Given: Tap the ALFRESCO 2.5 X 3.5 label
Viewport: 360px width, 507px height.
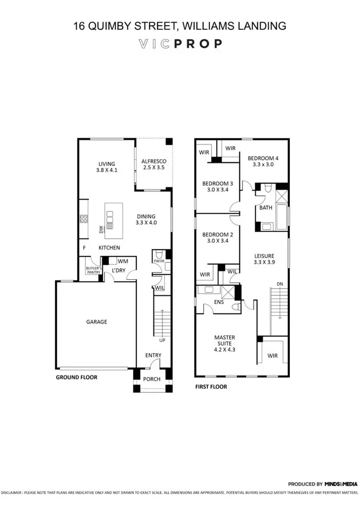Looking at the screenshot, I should [153, 165].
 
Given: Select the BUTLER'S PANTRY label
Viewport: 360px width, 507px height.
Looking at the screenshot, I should [92, 270].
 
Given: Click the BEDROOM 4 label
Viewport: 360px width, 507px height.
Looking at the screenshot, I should [263, 161].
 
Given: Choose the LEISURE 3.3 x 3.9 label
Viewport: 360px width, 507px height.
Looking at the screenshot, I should [264, 259].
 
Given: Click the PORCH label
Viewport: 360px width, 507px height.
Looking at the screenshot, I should [153, 379].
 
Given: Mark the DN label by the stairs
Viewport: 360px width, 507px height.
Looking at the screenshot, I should [280, 284].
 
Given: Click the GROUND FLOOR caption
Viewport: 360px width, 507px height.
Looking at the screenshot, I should [77, 377].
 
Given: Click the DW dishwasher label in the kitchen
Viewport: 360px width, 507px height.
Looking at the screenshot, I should [101, 230].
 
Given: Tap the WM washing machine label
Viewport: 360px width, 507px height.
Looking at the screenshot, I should [122, 261].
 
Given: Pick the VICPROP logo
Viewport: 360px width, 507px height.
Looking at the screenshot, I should [180, 44].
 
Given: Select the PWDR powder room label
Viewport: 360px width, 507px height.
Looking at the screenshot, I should [158, 261].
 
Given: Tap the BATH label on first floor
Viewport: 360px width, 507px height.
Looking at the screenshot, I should [265, 208].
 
